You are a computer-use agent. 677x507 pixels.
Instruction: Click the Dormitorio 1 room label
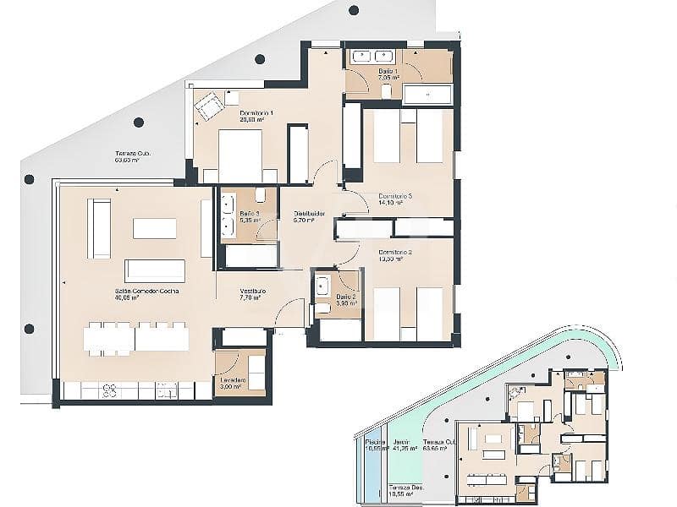click(x=256, y=116)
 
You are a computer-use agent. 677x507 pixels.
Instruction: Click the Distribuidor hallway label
click(x=310, y=216)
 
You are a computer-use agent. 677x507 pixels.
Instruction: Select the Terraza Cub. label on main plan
click(x=128, y=155)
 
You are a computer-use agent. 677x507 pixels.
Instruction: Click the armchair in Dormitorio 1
click(x=208, y=106)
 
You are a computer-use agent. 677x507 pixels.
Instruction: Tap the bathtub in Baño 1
click(x=427, y=94)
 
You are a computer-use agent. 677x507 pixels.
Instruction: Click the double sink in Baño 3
click(x=228, y=215)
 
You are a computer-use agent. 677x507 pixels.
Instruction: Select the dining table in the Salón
click(x=135, y=338)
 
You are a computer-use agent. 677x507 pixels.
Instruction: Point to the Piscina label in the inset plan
click(x=375, y=444)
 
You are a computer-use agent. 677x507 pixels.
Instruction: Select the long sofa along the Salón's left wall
click(x=99, y=228)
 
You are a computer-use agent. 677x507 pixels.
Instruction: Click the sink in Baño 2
click(x=322, y=287)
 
